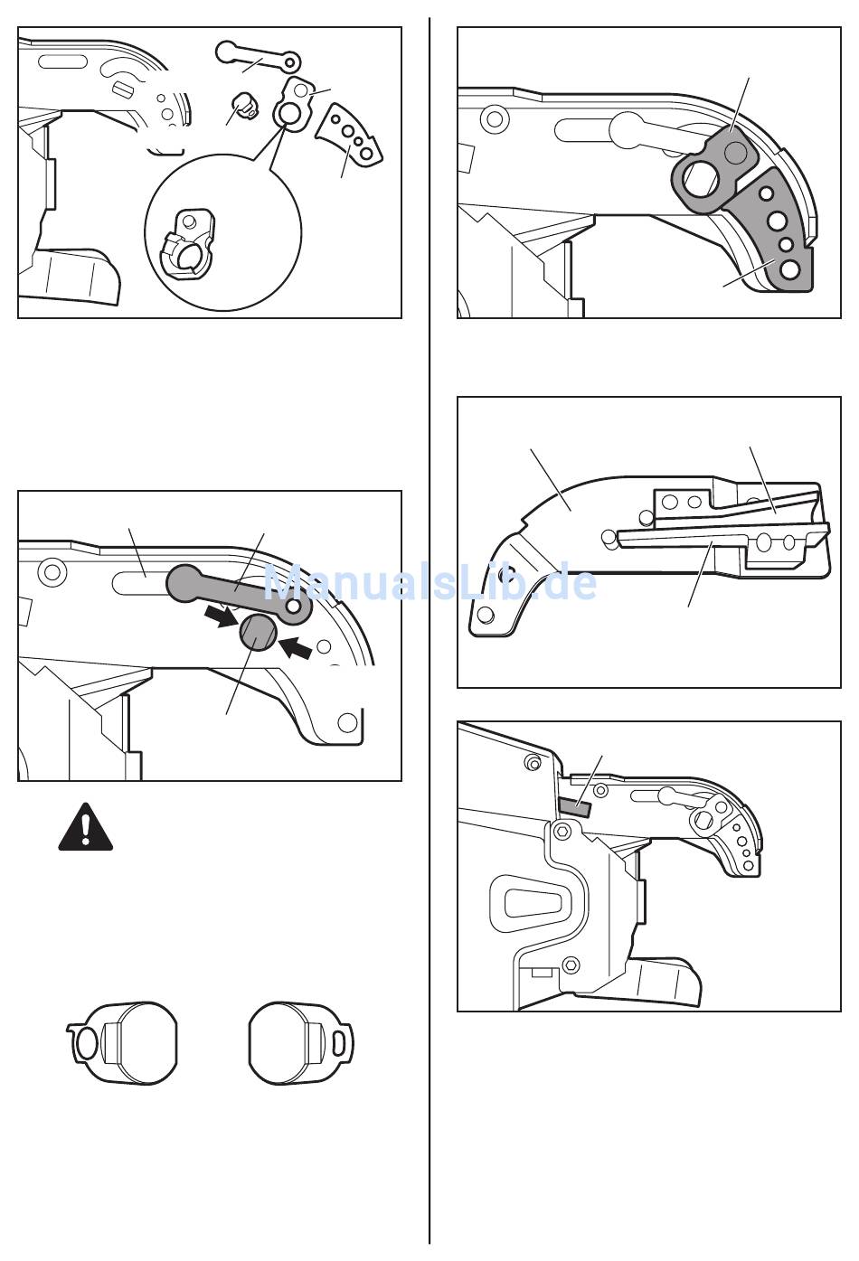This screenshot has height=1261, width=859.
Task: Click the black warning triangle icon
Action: coord(86,827)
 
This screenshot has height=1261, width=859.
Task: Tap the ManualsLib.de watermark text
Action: coord(430,583)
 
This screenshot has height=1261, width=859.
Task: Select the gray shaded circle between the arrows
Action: coord(259,632)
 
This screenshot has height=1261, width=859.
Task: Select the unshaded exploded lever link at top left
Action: coord(258,57)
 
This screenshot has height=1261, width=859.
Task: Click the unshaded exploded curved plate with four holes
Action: coord(349,134)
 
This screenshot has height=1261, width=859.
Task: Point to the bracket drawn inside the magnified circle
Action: coord(188,244)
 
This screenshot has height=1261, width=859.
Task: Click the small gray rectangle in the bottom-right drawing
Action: coord(575,807)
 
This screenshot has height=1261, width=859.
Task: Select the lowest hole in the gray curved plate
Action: coord(790,269)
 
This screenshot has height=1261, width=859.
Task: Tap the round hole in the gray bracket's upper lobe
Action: coord(736,151)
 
